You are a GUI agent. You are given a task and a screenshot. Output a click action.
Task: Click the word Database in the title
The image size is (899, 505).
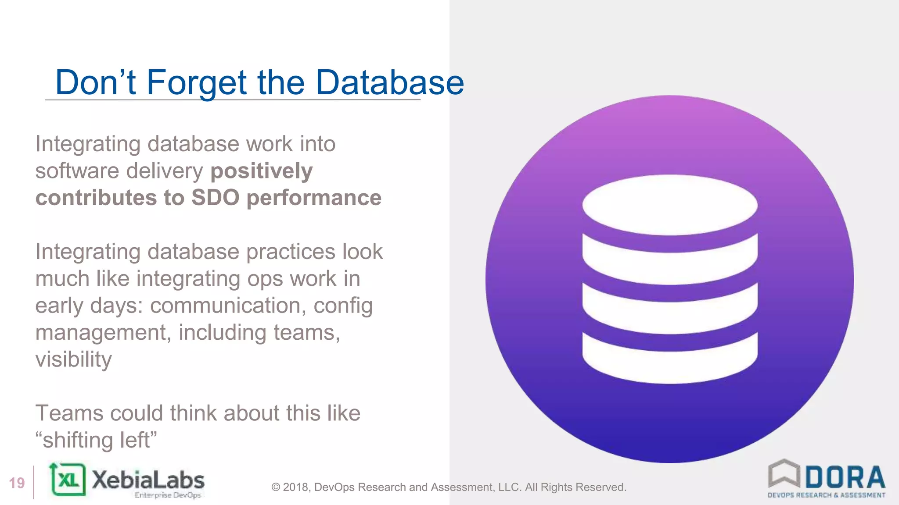[389, 82]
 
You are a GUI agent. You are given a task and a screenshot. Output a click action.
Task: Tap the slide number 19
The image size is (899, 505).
[17, 483]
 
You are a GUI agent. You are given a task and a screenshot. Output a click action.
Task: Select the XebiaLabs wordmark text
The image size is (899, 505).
[148, 480]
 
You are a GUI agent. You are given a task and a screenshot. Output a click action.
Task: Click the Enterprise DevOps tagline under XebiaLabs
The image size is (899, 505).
[168, 495]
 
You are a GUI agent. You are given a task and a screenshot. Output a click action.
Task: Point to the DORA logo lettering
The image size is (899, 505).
[845, 477]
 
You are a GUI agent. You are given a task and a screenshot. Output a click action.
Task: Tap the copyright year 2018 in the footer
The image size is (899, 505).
[296, 487]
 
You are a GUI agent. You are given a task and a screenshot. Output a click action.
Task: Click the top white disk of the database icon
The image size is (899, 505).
[669, 205]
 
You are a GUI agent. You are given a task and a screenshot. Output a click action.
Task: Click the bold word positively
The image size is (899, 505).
[262, 171]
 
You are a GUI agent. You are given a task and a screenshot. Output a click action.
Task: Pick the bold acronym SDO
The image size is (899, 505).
[215, 198]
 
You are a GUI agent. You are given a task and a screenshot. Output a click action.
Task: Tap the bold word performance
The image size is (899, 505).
[314, 198]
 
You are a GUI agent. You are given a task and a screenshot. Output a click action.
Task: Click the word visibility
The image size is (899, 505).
[73, 360]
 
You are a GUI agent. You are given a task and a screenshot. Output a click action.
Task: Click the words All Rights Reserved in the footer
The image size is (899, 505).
[575, 487]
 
